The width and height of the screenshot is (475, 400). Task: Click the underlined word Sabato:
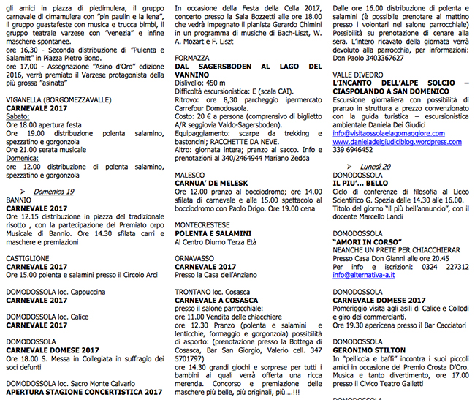click(x=18, y=116)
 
